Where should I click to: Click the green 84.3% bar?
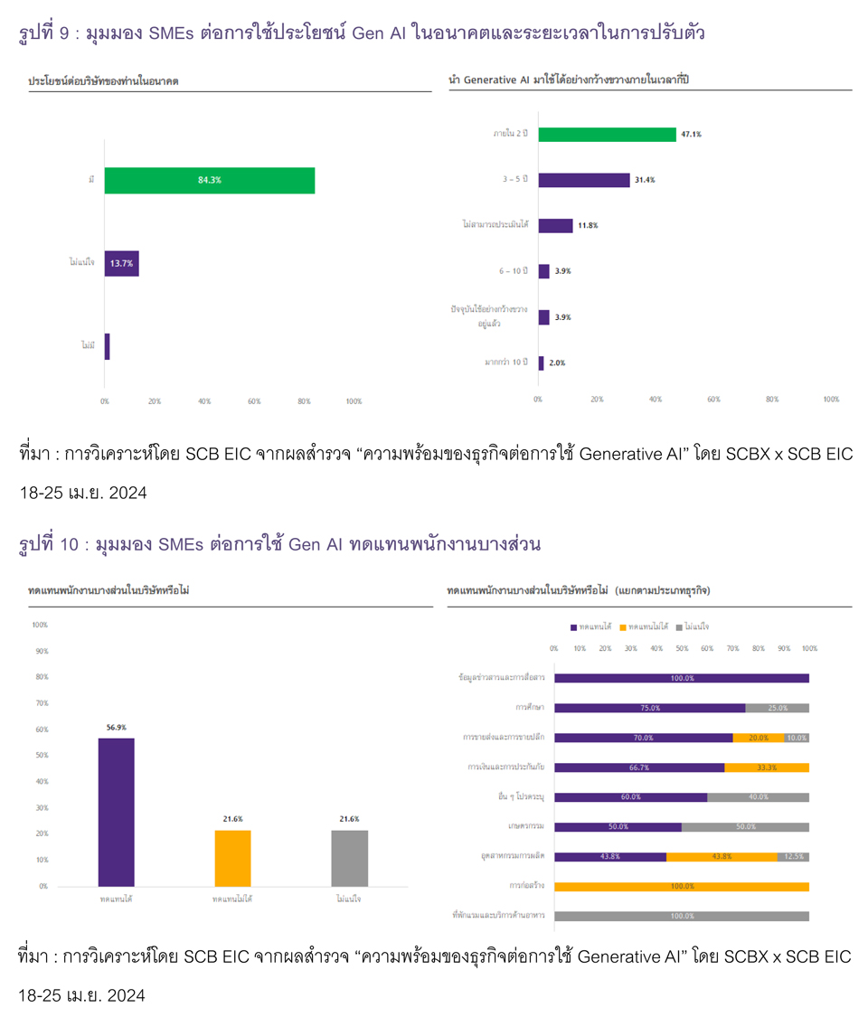point(210,181)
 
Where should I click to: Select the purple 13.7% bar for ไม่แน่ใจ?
point(121,263)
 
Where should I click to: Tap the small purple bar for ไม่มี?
point(107,346)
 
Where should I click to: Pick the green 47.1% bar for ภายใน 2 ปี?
point(607,134)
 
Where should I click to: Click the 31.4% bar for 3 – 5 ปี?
point(584,180)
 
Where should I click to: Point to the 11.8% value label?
point(588,226)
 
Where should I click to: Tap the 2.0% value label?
point(557,363)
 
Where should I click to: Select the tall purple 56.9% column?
point(116,812)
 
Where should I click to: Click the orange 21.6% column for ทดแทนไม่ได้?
point(232,858)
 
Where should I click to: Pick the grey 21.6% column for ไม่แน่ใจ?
point(350,858)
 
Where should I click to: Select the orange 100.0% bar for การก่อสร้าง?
point(682,887)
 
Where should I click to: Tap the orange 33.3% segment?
point(767,767)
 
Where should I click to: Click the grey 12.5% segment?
point(793,856)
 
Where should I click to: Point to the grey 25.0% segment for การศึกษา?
point(777,708)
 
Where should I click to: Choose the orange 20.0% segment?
point(758,738)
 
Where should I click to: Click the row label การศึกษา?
point(529,708)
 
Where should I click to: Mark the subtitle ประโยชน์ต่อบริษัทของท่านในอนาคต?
point(104,81)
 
